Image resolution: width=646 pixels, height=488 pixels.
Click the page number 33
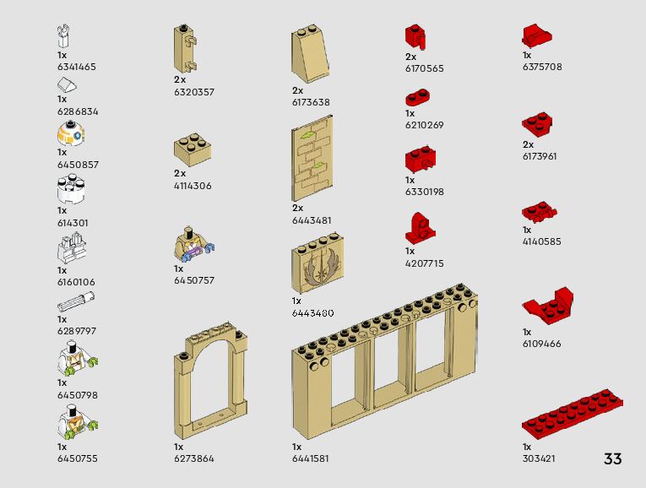(612, 459)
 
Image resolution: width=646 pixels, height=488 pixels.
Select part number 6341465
(77, 67)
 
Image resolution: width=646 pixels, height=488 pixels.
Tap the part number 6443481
(312, 220)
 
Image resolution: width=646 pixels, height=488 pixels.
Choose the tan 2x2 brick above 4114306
(193, 148)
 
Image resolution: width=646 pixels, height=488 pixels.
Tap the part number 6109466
(541, 344)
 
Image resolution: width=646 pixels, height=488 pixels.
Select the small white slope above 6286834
(68, 84)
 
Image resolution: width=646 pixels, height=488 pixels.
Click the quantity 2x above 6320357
(179, 79)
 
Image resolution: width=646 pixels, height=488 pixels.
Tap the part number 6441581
(311, 458)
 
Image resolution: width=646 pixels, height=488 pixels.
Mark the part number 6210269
(424, 125)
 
